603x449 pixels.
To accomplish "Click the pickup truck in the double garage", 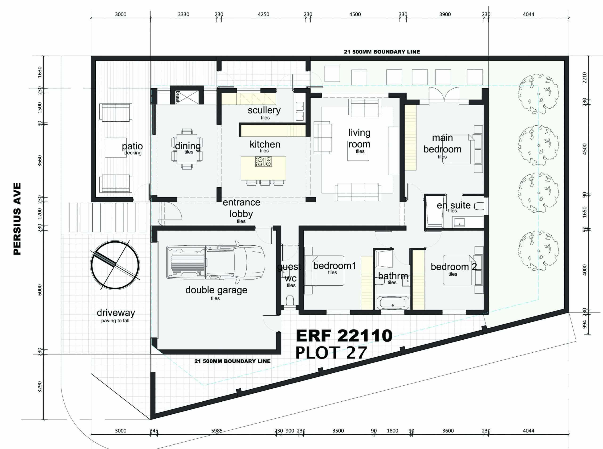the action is [x=215, y=263].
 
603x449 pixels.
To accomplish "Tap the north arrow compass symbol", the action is [x=115, y=265].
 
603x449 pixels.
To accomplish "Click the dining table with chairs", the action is [x=187, y=149].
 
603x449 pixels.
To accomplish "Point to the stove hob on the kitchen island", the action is [x=263, y=162].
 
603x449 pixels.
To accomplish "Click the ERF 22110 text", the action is [x=344, y=336].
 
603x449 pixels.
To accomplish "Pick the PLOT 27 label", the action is [x=331, y=353].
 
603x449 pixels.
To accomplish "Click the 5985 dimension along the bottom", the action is [x=217, y=431].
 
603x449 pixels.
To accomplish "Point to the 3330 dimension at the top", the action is [x=184, y=14].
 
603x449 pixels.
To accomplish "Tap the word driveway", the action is [x=116, y=313].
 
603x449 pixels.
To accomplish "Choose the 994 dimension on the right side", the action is [x=585, y=324].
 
